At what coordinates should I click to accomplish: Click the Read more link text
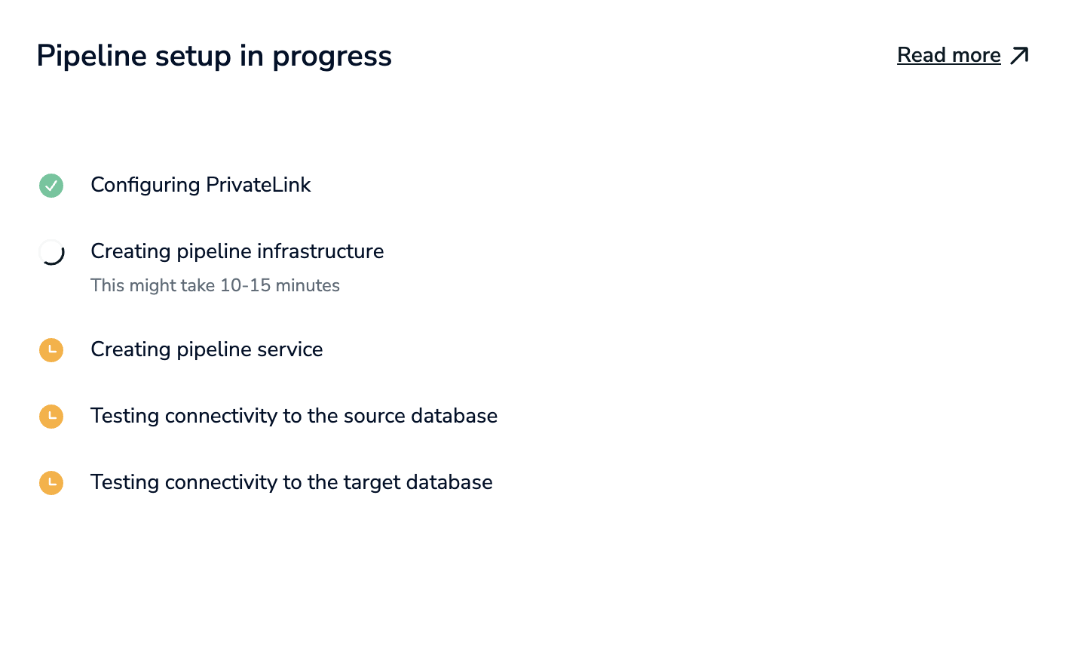(x=948, y=55)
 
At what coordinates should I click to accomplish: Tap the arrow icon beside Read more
(x=1019, y=55)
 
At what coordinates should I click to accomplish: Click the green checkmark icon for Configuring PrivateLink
(x=51, y=186)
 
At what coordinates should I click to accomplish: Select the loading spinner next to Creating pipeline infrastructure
(x=51, y=252)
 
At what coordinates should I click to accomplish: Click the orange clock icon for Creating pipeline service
(x=51, y=350)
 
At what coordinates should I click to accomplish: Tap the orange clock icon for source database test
(x=51, y=417)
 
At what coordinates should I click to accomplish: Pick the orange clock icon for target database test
(x=51, y=483)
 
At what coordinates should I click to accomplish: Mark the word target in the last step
(x=363, y=482)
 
